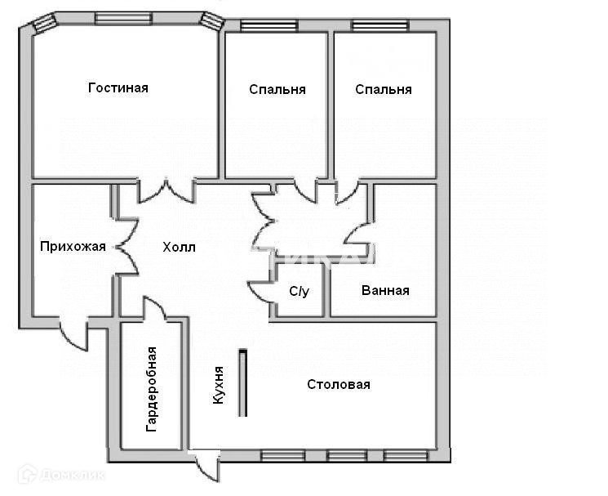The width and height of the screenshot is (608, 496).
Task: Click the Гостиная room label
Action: click(x=118, y=87)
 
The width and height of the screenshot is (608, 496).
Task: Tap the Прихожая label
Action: click(x=73, y=246)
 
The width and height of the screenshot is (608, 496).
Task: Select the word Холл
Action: click(x=180, y=247)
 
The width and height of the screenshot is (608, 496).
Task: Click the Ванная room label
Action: click(x=384, y=290)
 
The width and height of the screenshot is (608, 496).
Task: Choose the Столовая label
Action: click(x=339, y=384)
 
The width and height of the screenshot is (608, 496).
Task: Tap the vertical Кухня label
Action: click(x=218, y=386)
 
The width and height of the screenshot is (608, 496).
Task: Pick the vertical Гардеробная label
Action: click(x=152, y=389)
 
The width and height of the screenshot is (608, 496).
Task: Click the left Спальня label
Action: click(x=277, y=89)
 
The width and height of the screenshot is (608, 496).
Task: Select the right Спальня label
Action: click(x=384, y=89)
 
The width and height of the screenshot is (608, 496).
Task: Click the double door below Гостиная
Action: click(x=166, y=191)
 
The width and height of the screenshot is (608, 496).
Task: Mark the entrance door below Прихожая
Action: click(x=73, y=333)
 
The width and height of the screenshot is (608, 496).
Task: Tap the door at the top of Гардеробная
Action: click(x=155, y=310)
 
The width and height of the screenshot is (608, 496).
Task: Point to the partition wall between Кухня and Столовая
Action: click(x=242, y=382)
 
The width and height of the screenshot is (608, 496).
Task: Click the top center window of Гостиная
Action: click(x=123, y=18)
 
